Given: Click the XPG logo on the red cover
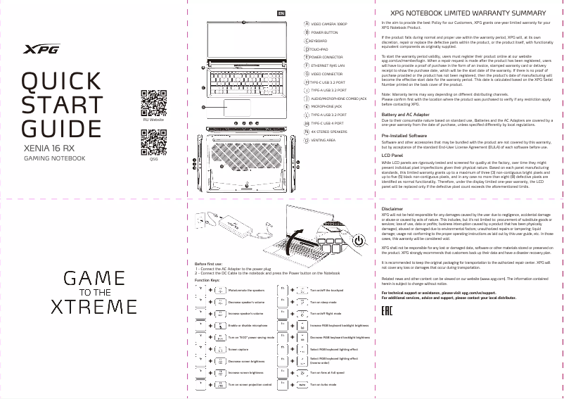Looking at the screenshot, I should pyautogui.click(x=42, y=49).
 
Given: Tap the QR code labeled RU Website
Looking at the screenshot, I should pyautogui.click(x=153, y=103).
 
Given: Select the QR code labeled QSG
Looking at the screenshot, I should pyautogui.click(x=153, y=143).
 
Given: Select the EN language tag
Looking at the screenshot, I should pyautogui.click(x=281, y=13).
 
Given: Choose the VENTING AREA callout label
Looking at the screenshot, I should pyautogui.click(x=323, y=140).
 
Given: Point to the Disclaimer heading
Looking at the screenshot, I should pyautogui.click(x=392, y=210).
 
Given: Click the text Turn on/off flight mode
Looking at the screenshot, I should pyautogui.click(x=325, y=313).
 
